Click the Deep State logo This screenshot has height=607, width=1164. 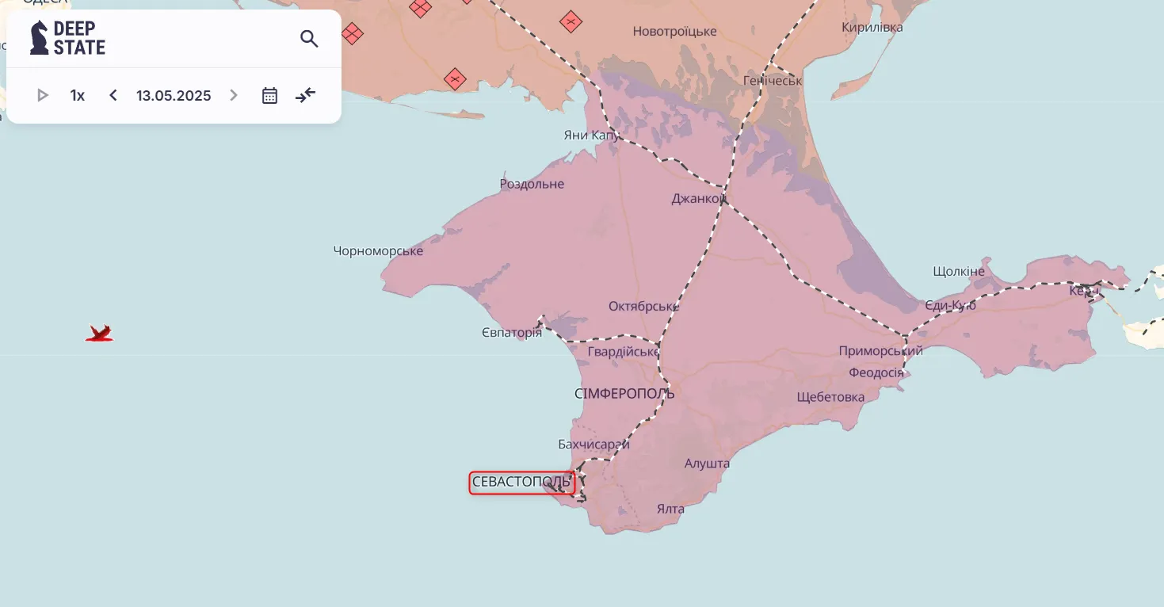[67, 38]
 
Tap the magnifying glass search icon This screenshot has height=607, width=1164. [309, 38]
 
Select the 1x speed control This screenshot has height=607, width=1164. [78, 96]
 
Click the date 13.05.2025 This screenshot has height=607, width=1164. [174, 96]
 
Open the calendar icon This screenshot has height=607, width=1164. [269, 96]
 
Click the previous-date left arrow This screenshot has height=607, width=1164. [113, 96]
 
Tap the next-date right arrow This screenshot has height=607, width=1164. [233, 96]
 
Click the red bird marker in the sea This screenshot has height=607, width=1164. [99, 334]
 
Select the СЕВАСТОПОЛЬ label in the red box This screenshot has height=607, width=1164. [521, 482]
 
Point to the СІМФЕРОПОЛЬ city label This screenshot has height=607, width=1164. [624, 393]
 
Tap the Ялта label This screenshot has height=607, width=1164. [670, 509]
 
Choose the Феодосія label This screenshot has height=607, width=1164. [876, 372]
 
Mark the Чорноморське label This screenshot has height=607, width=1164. [378, 251]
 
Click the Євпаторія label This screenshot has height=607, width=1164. [512, 333]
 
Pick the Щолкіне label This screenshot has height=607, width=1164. [959, 271]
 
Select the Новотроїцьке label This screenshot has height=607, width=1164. [674, 32]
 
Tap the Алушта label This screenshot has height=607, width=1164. [707, 464]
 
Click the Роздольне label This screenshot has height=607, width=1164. [532, 184]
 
